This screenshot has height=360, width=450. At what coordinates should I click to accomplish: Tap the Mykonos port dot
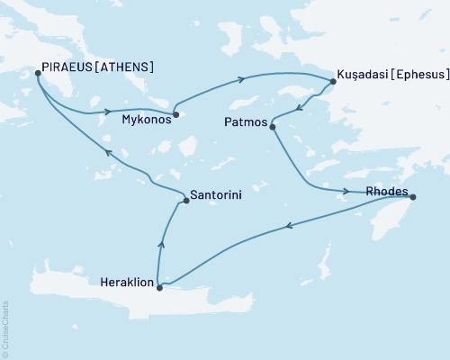(x=176, y=114)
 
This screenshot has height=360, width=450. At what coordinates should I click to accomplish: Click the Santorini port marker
(x=186, y=201)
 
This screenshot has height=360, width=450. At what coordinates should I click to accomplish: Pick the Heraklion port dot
(x=159, y=288)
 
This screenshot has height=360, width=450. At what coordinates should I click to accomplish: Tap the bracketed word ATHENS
(x=127, y=67)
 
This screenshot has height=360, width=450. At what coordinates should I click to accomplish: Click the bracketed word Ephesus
(x=418, y=73)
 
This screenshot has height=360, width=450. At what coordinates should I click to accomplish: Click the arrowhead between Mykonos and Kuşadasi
(x=241, y=79)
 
